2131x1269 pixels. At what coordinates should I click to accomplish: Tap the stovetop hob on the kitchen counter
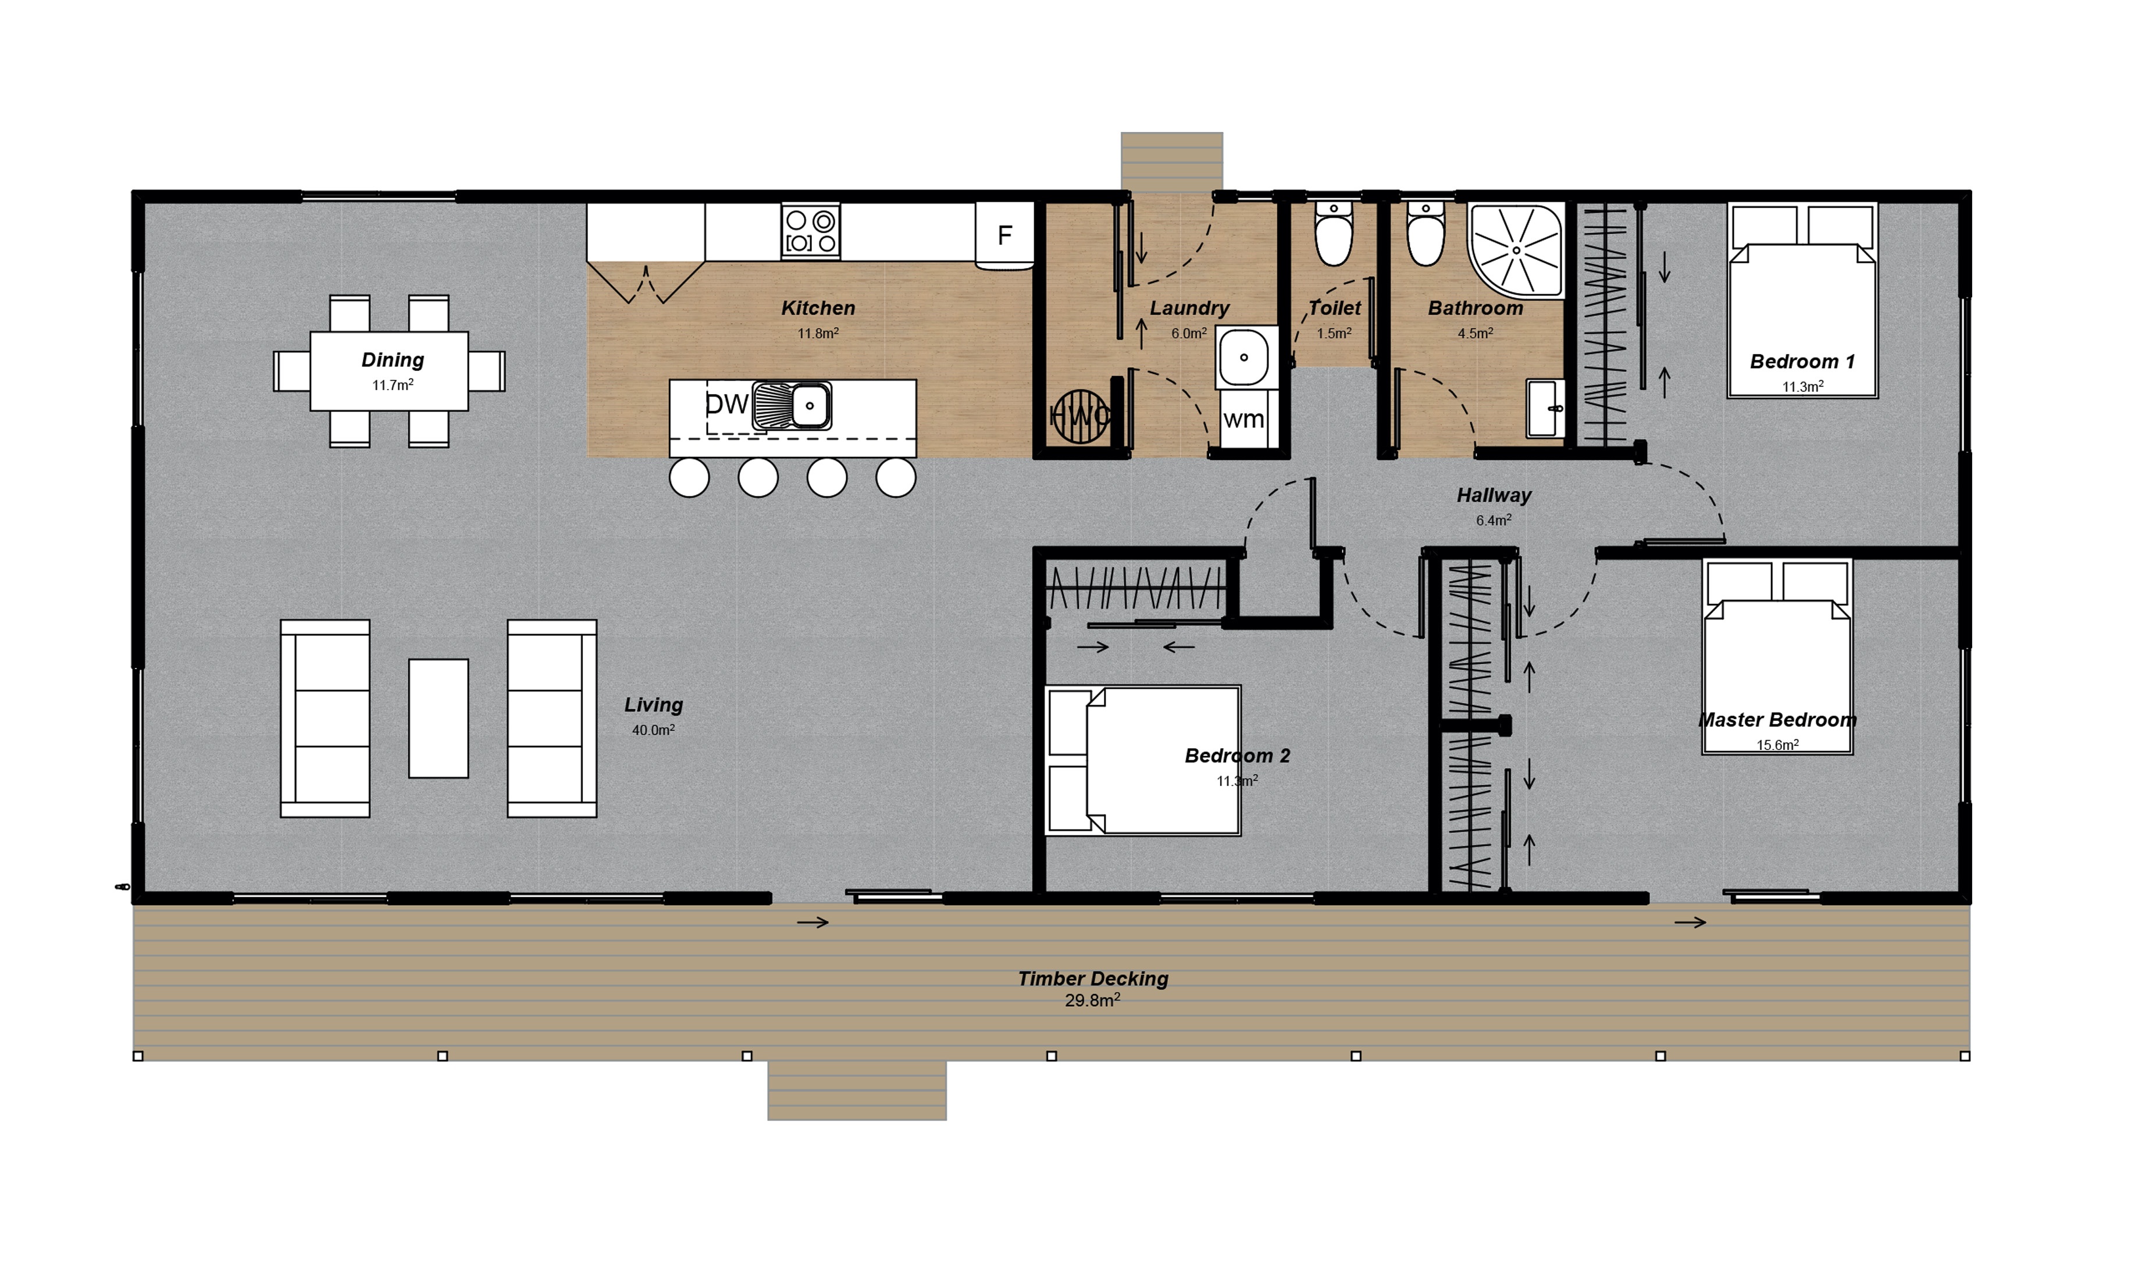click(x=810, y=231)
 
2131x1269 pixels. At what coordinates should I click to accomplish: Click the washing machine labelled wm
click(x=1244, y=420)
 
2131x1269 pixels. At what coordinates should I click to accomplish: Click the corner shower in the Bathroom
click(x=1516, y=250)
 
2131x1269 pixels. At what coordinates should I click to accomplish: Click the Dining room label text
click(x=393, y=360)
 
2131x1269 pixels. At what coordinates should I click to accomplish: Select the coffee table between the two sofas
click(x=438, y=718)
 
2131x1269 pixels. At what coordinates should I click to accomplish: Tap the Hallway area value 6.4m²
click(x=1494, y=520)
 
